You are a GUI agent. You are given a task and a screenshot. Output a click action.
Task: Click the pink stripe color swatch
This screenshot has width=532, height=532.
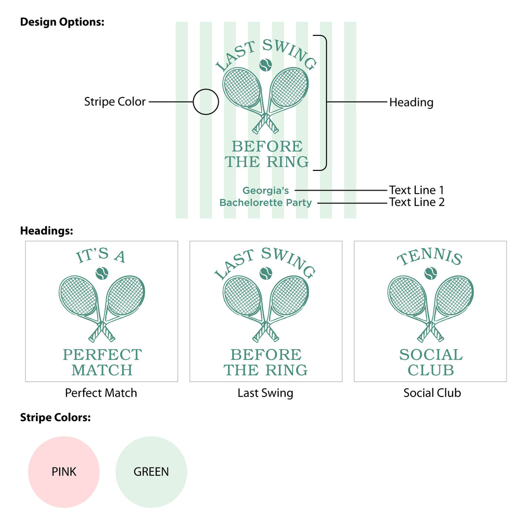click(64, 472)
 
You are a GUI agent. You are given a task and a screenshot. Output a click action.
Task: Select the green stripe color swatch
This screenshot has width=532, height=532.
click(151, 472)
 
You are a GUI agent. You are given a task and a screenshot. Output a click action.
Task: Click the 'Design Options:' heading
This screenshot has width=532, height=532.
click(62, 22)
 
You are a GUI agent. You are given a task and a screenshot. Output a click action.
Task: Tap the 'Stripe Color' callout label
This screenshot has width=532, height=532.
click(115, 102)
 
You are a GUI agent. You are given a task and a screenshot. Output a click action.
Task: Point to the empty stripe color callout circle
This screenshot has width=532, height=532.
click(205, 102)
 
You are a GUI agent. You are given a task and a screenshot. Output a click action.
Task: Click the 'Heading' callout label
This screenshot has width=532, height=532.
click(411, 102)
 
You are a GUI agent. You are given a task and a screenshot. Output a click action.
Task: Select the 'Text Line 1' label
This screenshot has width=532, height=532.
click(416, 190)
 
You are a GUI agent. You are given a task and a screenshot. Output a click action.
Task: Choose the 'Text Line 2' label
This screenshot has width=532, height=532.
click(417, 202)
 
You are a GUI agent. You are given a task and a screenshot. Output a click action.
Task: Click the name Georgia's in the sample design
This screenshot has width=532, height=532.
click(266, 191)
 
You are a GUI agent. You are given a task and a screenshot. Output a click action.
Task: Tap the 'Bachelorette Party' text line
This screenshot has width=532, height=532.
click(266, 202)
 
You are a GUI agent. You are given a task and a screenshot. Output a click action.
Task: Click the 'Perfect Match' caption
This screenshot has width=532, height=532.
click(101, 393)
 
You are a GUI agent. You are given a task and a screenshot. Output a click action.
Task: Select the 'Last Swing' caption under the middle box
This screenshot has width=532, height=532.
click(266, 393)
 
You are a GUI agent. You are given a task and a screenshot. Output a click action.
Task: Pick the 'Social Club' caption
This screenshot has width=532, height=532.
click(432, 393)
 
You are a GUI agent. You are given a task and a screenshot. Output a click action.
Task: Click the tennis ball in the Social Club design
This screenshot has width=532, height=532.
click(431, 273)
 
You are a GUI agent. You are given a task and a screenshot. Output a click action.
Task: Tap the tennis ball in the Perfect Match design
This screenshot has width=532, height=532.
click(102, 273)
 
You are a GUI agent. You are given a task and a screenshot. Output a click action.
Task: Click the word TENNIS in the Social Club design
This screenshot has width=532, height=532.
click(430, 258)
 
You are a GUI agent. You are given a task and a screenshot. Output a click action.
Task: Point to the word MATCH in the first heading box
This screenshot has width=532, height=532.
click(102, 370)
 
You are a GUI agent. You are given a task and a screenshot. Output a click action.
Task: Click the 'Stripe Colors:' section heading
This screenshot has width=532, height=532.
click(55, 418)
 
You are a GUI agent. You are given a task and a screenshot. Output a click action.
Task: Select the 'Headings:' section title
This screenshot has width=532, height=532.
click(46, 231)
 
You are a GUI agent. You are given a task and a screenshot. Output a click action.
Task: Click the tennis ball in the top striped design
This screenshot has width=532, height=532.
click(266, 65)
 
